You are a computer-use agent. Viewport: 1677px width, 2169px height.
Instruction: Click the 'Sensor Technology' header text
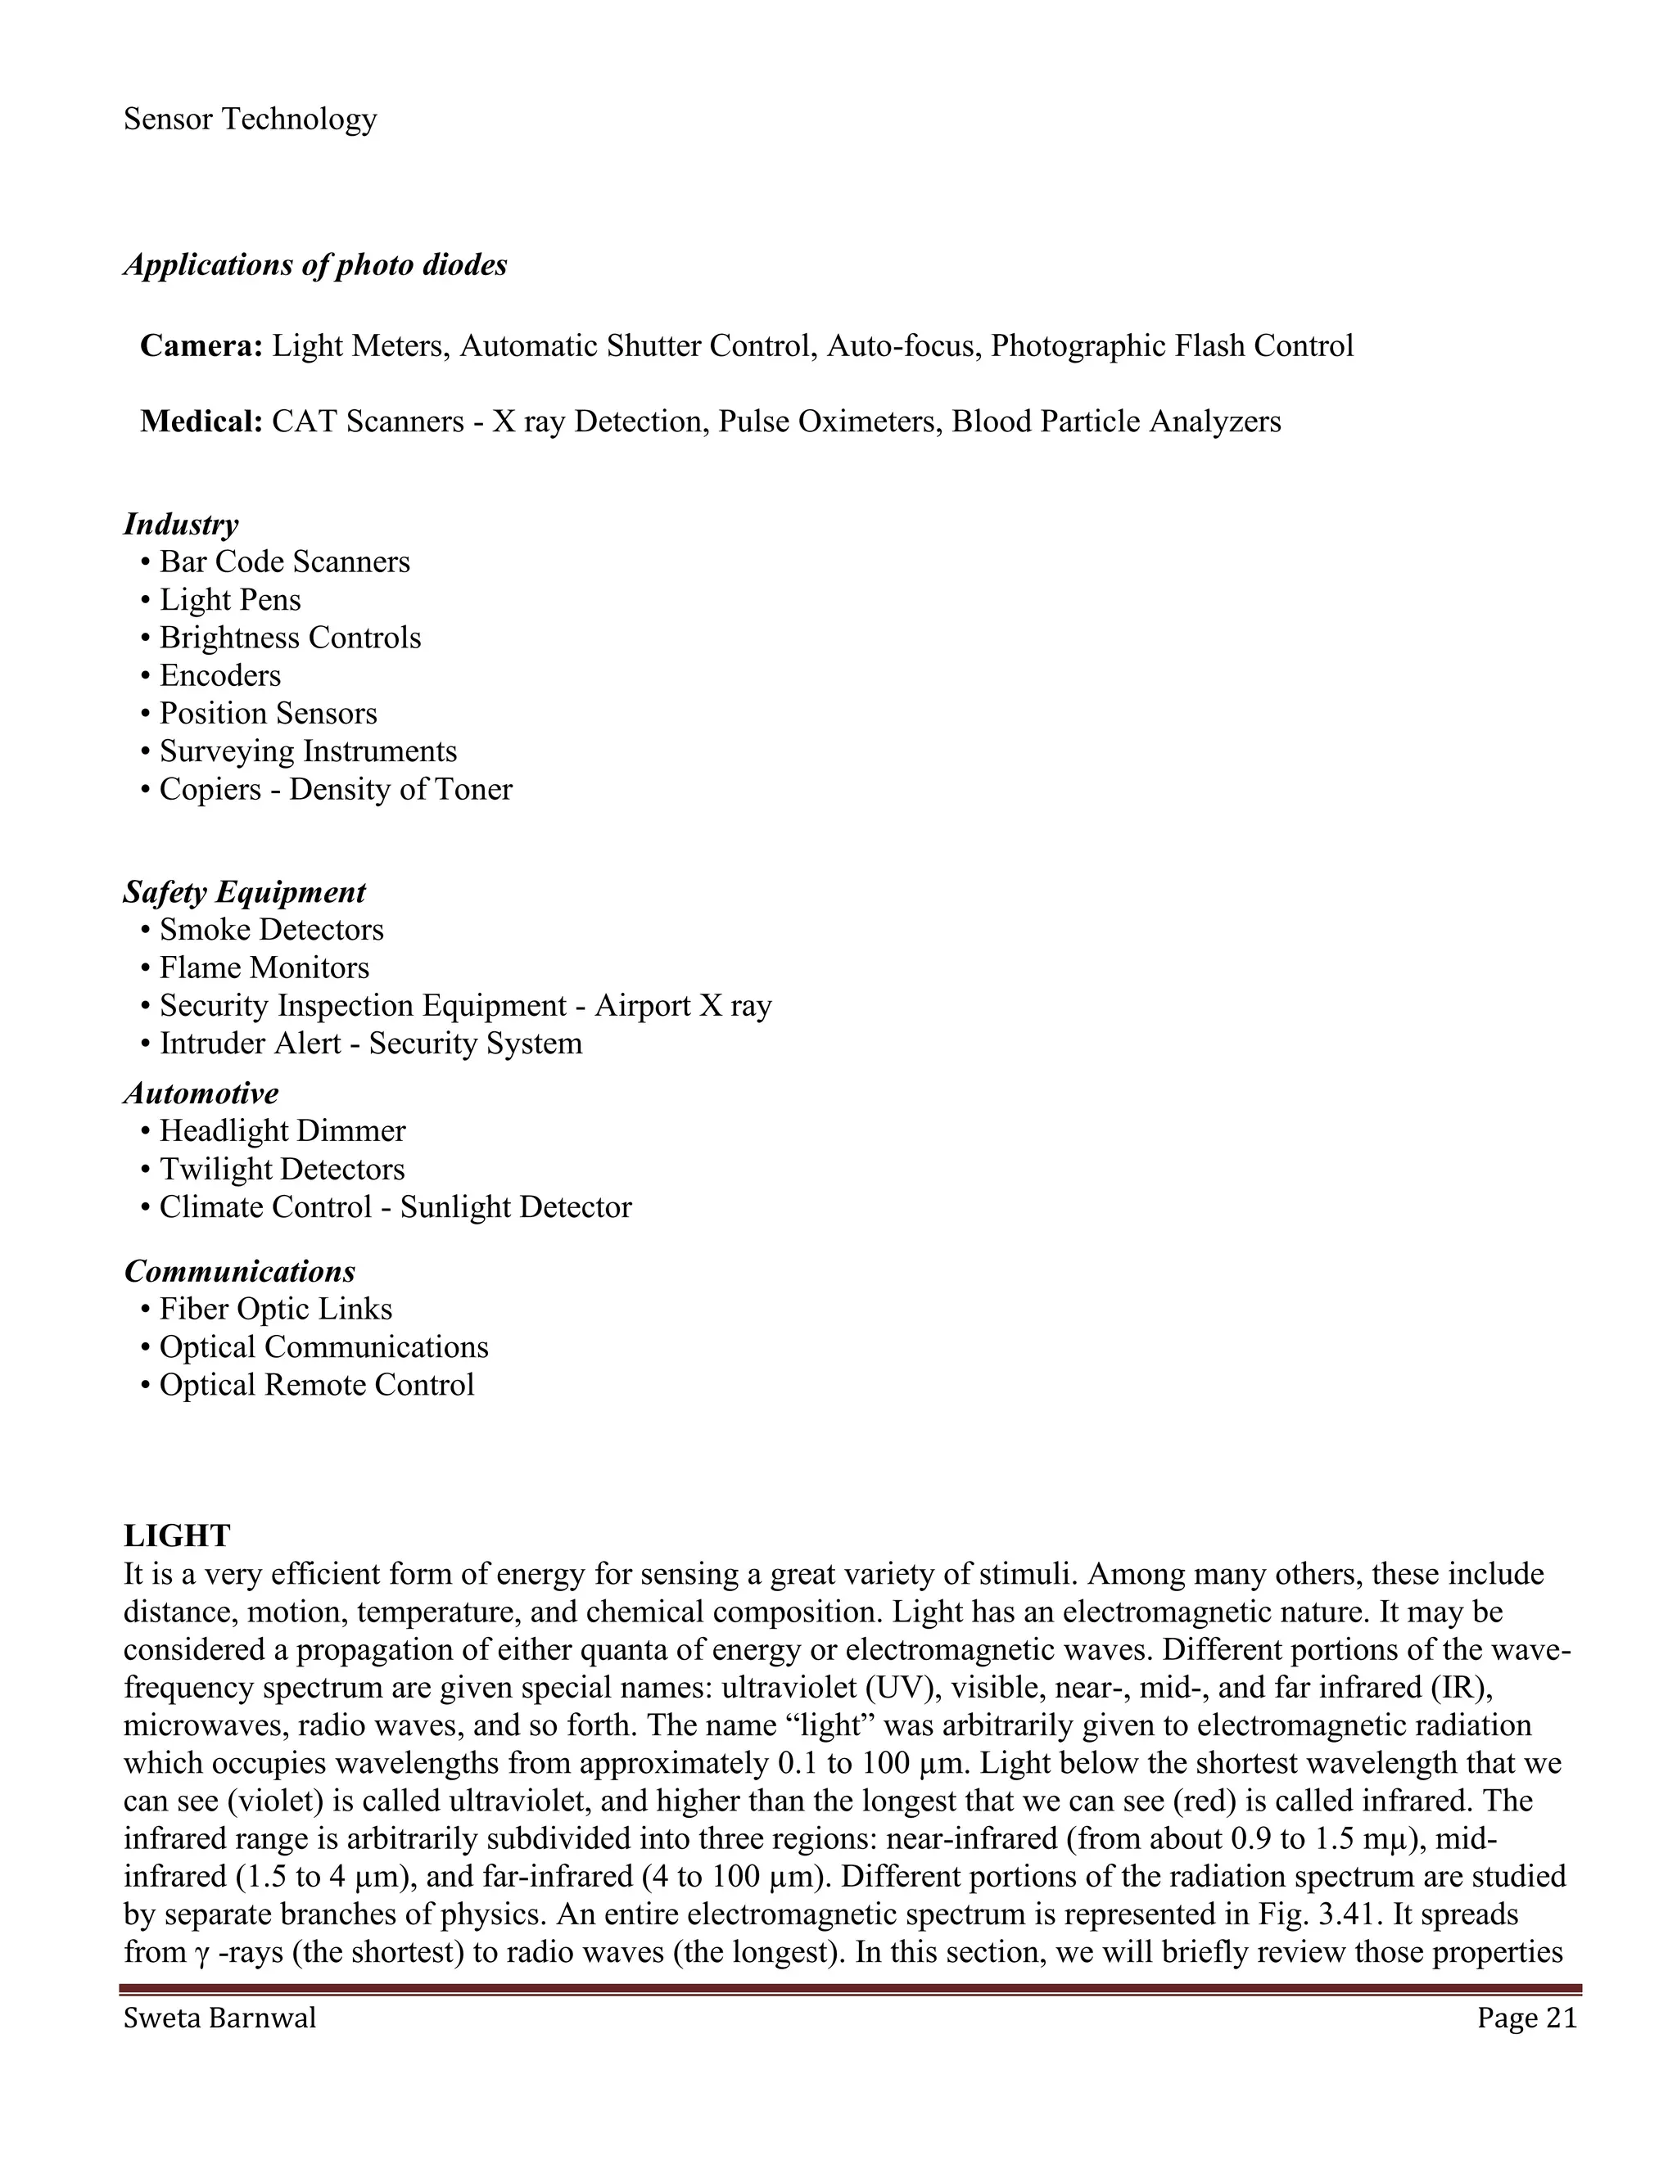coord(251,119)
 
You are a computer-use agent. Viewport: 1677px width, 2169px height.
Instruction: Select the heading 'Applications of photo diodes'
coord(315,265)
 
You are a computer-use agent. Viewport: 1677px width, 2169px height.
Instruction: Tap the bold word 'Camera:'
coord(201,345)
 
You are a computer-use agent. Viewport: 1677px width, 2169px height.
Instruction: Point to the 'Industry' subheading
coord(181,525)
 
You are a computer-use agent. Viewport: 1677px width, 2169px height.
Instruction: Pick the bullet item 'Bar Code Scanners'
coord(284,562)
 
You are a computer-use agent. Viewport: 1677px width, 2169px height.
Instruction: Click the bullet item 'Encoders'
coord(219,675)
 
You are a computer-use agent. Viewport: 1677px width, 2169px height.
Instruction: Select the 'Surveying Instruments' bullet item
coord(308,751)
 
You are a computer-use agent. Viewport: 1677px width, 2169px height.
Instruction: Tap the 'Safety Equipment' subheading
coord(244,892)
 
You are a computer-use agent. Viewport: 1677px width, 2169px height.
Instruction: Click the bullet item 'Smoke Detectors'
coord(271,930)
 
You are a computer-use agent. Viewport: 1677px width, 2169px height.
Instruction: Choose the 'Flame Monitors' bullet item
coord(264,967)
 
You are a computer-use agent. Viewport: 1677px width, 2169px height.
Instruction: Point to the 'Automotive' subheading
coord(201,1094)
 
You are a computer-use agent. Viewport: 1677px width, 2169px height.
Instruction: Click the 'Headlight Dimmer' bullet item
coord(283,1131)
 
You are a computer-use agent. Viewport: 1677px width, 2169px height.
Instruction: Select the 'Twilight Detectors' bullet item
coord(283,1169)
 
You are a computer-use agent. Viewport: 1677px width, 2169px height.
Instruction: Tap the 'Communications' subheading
coord(239,1271)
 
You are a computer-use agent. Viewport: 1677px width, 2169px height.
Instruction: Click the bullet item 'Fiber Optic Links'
coord(276,1309)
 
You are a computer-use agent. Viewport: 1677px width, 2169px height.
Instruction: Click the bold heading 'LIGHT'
coord(177,1535)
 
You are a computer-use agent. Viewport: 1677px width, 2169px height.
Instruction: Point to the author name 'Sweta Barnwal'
coord(219,2018)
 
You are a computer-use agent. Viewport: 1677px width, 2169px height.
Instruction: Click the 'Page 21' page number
coord(1527,2018)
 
